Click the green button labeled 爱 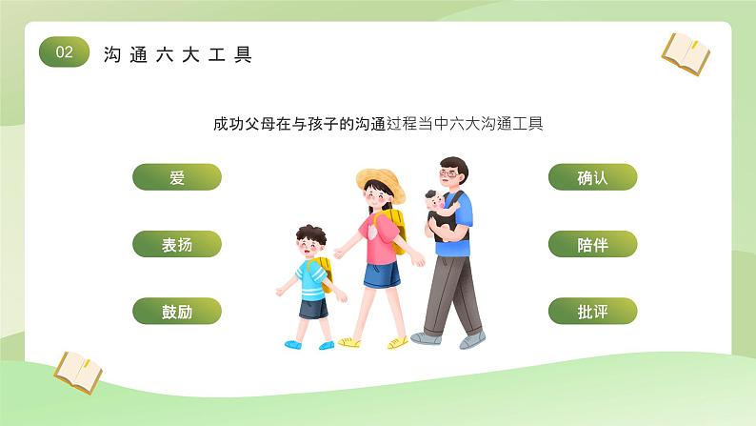click(x=176, y=177)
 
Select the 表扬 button click(x=176, y=244)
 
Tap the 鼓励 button click(x=176, y=311)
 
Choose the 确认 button click(x=592, y=177)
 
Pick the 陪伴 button click(x=592, y=244)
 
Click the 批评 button click(x=592, y=311)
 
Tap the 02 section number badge click(x=64, y=53)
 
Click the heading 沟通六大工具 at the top click(x=178, y=54)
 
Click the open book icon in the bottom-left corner click(x=77, y=372)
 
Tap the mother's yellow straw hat click(x=380, y=182)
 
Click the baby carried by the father click(x=439, y=212)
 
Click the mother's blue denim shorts click(x=381, y=275)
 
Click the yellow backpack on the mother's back click(x=393, y=227)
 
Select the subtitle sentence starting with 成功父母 click(x=378, y=124)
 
